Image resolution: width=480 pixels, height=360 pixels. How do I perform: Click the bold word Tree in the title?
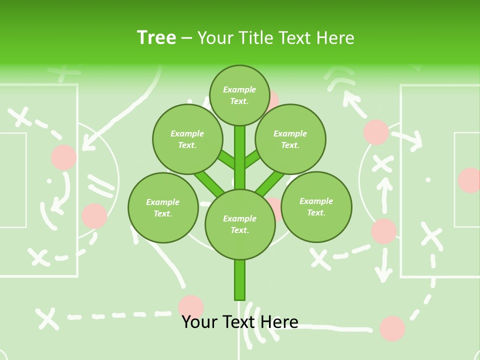[156, 37]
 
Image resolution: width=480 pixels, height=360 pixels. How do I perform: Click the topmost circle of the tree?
[239, 95]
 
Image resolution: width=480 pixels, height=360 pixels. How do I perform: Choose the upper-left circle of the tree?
[187, 139]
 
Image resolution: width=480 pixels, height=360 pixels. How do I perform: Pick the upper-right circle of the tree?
[290, 139]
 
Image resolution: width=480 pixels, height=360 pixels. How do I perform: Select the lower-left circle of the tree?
[163, 207]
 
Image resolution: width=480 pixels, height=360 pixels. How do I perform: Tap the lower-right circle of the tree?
[316, 206]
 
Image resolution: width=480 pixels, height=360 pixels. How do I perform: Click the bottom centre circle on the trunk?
[240, 224]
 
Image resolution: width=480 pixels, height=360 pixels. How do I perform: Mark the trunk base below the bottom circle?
[240, 280]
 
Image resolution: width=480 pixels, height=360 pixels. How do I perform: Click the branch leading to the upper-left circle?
[226, 159]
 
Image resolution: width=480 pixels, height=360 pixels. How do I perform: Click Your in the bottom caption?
[199, 321]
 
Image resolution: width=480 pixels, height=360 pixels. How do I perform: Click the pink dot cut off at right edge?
[470, 180]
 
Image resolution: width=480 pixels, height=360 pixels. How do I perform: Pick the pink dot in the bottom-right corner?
[392, 328]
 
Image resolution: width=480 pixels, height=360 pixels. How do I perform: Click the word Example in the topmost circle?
[239, 89]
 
